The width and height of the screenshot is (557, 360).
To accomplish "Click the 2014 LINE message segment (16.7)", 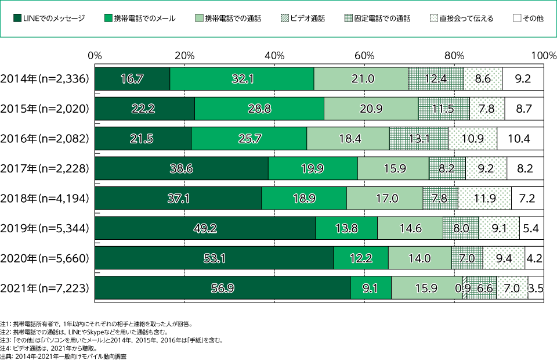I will (x=132, y=78).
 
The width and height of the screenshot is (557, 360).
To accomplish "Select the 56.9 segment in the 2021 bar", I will (x=222, y=288).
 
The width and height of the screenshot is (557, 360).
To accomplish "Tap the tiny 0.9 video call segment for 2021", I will (x=464, y=288).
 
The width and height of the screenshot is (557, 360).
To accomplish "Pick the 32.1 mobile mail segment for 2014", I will (x=242, y=78).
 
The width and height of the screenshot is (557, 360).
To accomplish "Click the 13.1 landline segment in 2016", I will (x=419, y=139).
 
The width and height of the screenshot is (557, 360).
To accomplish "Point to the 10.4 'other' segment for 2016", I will (x=520, y=139).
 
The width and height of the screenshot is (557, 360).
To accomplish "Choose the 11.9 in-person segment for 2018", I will (x=484, y=199).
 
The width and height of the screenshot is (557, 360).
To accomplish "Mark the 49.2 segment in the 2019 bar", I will (x=205, y=228).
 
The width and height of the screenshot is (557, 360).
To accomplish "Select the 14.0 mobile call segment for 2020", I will (x=419, y=258).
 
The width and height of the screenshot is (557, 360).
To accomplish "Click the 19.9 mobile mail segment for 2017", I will (x=313, y=168).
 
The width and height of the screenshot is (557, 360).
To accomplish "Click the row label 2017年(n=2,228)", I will (x=45, y=168).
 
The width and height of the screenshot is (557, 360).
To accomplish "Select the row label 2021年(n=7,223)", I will (x=45, y=288).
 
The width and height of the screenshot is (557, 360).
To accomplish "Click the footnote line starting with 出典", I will (x=64, y=355).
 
